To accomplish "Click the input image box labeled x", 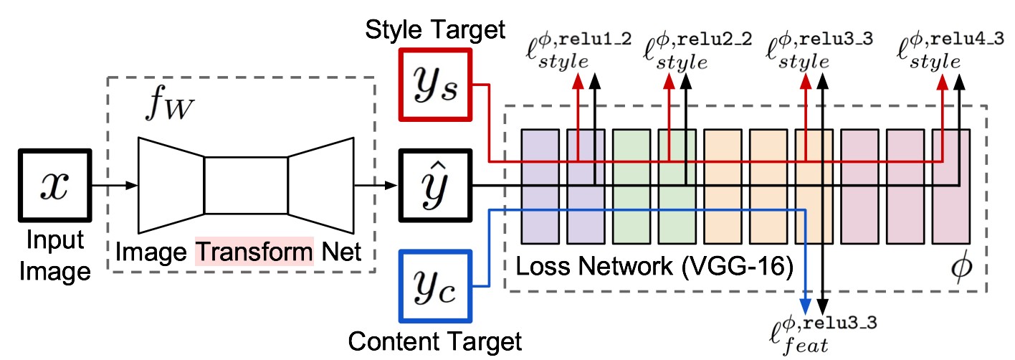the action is pos(54,186).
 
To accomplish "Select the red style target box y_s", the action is pos(435,85).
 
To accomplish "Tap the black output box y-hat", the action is pos(435,186).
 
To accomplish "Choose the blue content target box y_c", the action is pos(435,286).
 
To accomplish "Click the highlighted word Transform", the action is pos(254,252).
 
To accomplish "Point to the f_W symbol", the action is pos(169,103).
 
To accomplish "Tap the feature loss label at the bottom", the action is pos(823,336).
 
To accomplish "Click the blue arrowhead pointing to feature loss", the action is pos(805,307).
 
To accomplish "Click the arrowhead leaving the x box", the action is pos(131,186).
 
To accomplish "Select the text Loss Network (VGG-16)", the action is pos(654,266).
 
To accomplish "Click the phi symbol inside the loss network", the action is pos(961,267).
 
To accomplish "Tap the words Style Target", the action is pos(435,30).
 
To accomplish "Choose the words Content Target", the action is pos(435,341).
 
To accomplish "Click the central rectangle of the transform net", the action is pos(246,186).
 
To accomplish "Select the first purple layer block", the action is pos(540,186).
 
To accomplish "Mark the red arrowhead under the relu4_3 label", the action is pos(943,82).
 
